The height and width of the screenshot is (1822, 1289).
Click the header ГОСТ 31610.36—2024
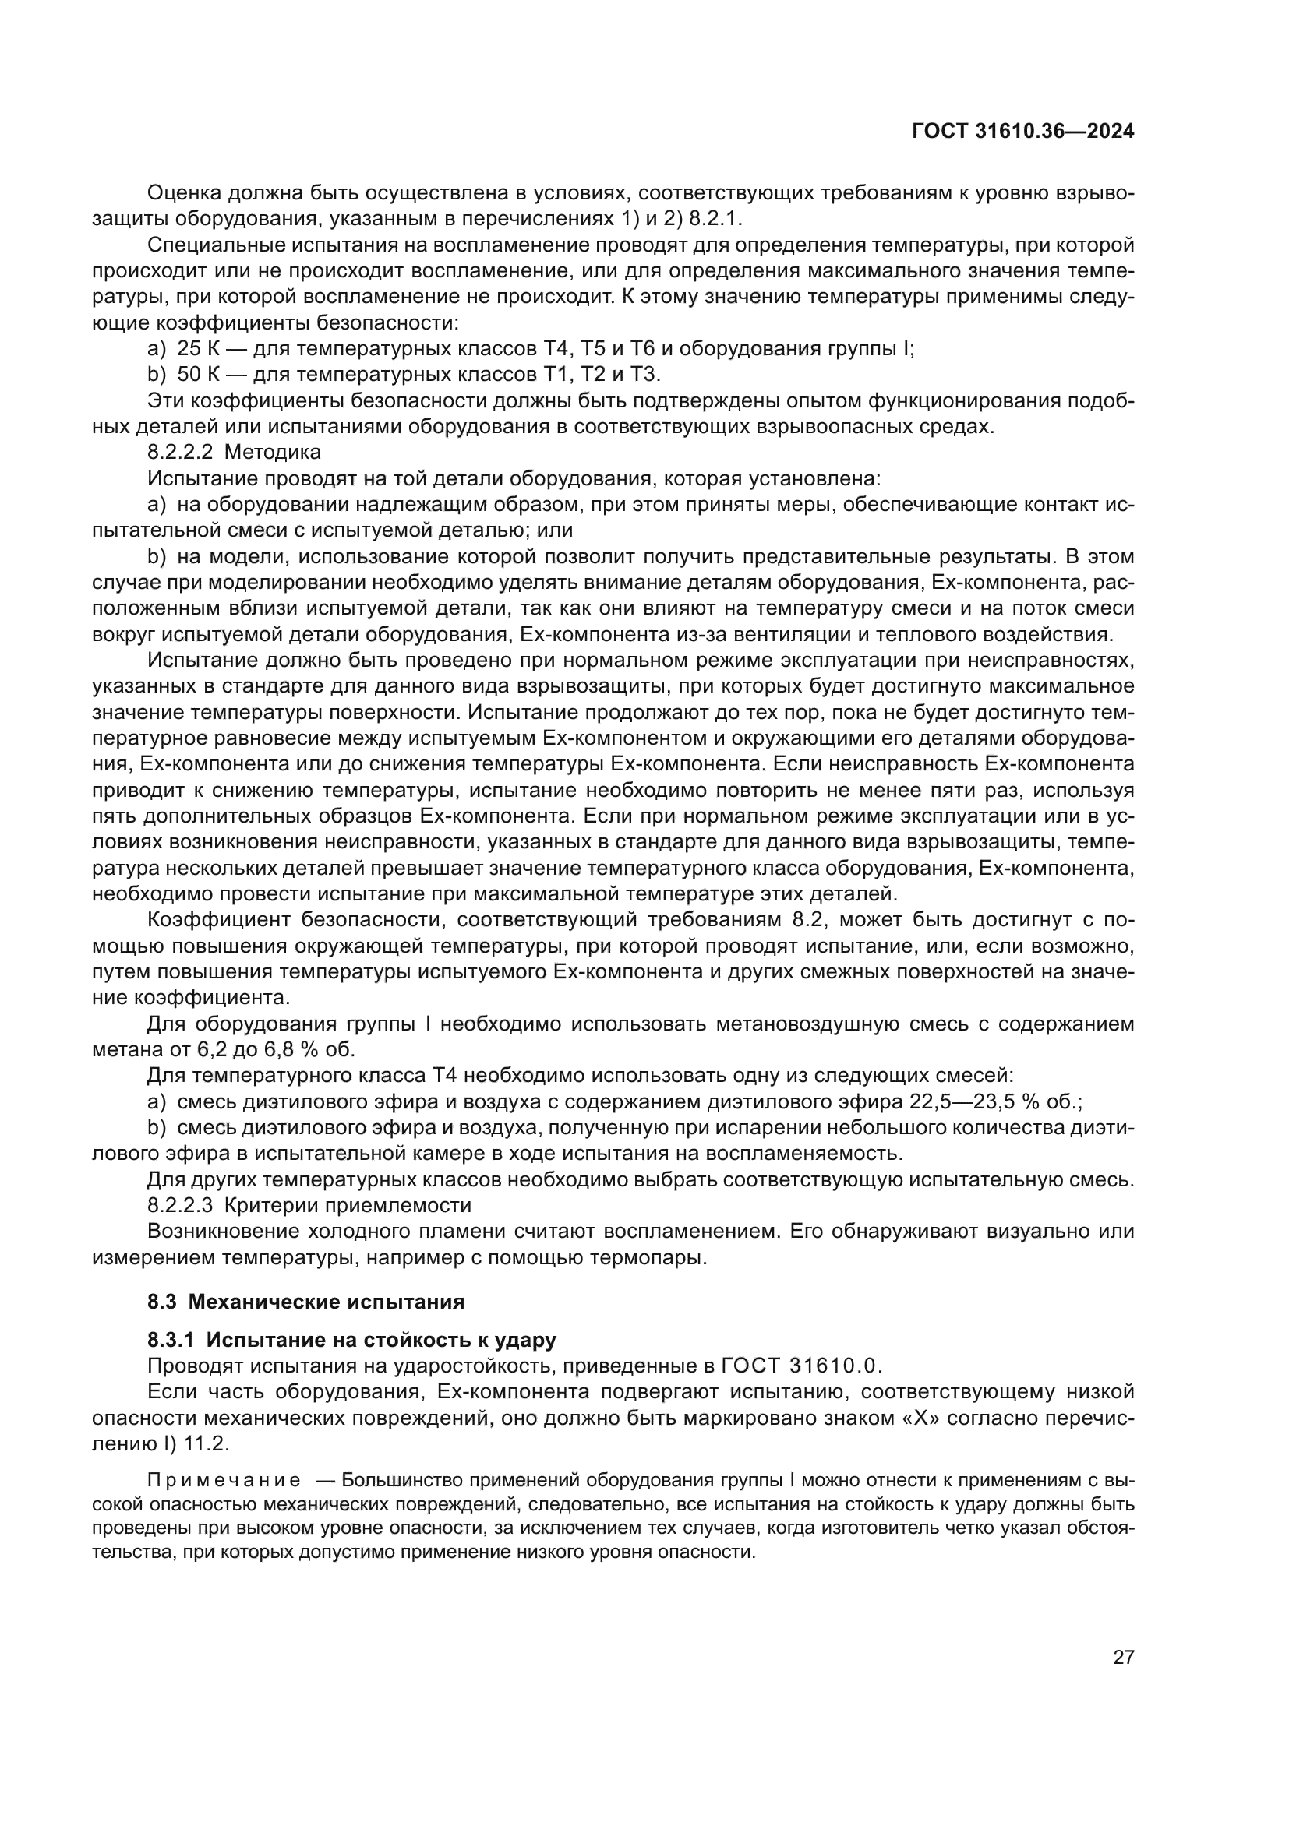point(1022,131)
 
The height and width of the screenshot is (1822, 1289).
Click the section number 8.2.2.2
point(180,453)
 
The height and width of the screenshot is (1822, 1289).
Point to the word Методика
point(273,453)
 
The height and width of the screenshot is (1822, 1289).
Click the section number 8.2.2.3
point(180,1205)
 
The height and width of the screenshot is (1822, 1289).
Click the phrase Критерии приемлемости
point(348,1205)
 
